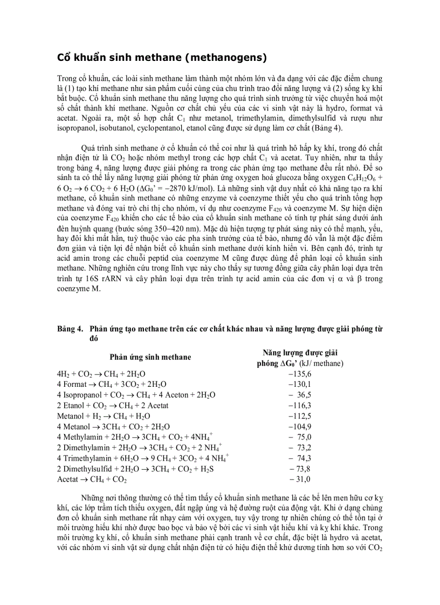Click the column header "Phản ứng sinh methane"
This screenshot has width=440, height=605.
(x=150, y=357)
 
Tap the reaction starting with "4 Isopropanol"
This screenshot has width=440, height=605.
(x=136, y=395)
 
